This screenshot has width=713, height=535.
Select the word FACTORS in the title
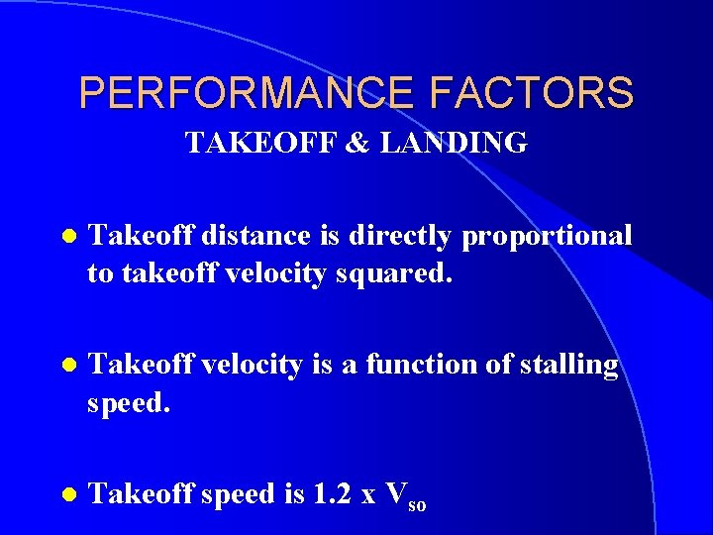point(532,93)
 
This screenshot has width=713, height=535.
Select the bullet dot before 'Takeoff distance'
point(66,237)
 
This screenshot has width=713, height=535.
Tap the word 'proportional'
point(547,237)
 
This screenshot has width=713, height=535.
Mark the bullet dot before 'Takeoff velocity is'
point(66,366)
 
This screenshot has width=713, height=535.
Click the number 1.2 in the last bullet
point(330,493)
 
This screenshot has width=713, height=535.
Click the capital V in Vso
point(396,493)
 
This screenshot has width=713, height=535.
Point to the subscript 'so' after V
point(417,504)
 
